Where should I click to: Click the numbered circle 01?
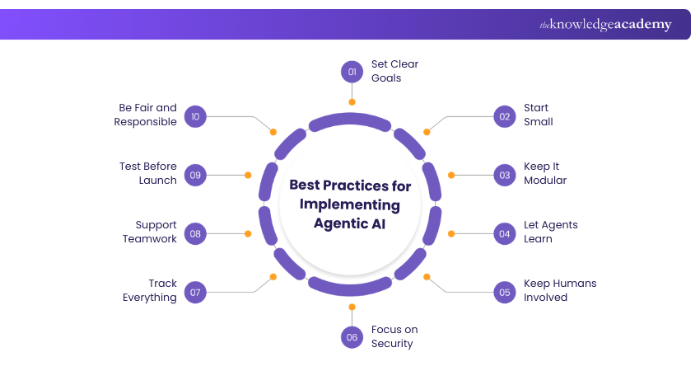click(x=352, y=72)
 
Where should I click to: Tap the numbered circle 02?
click(x=504, y=115)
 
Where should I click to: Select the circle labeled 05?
click(x=504, y=291)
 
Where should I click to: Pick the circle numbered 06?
click(x=352, y=336)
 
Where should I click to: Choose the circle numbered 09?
click(x=195, y=175)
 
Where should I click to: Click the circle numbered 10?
click(x=195, y=115)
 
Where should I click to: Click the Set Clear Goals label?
click(x=394, y=71)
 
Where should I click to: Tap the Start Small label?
click(x=538, y=115)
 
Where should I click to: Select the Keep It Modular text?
click(x=545, y=173)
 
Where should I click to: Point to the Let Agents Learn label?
click(x=550, y=232)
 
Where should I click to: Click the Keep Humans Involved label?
click(x=560, y=290)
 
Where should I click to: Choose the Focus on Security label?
click(x=394, y=336)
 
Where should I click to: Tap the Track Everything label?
click(x=150, y=290)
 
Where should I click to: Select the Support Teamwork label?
click(x=150, y=232)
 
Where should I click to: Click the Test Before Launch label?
click(x=148, y=173)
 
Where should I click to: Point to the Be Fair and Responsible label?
click(x=148, y=115)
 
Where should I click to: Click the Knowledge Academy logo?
click(x=605, y=25)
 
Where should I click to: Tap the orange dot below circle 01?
click(x=352, y=102)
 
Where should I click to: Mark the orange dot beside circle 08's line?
click(x=248, y=233)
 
